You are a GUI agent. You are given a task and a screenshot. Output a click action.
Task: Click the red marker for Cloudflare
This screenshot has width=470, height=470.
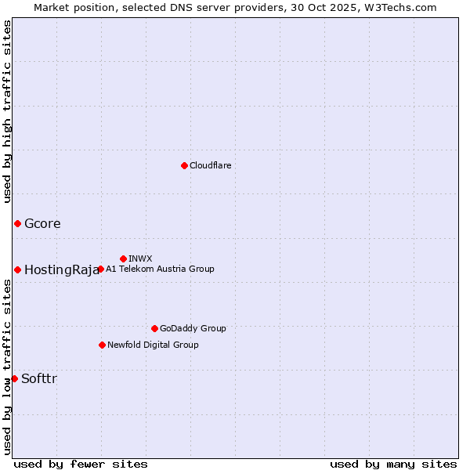click(x=184, y=165)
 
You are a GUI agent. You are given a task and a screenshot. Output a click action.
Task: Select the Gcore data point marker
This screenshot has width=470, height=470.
click(x=17, y=223)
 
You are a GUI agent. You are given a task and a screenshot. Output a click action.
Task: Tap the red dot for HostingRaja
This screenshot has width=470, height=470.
click(x=17, y=269)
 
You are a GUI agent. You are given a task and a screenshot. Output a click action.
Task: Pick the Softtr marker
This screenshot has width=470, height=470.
click(x=14, y=378)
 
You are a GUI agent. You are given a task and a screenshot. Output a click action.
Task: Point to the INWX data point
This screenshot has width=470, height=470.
click(x=123, y=258)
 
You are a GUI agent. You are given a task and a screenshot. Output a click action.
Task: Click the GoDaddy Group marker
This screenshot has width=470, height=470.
click(x=154, y=328)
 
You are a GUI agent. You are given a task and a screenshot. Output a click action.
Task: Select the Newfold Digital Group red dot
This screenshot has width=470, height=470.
click(x=102, y=345)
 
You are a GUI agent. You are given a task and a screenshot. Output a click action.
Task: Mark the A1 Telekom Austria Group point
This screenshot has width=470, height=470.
click(x=100, y=269)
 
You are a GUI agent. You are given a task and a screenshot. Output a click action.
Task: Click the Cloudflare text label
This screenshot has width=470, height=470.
click(x=210, y=165)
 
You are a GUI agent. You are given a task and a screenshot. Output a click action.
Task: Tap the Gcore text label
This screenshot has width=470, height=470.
click(x=42, y=223)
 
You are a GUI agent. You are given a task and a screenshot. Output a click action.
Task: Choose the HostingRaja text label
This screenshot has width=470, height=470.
click(x=61, y=269)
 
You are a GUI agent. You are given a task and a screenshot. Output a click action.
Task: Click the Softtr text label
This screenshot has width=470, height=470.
click(x=39, y=378)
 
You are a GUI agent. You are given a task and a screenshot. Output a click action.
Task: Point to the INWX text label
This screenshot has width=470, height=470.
click(x=140, y=258)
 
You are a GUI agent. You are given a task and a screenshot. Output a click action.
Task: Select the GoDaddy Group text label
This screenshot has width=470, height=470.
click(x=193, y=328)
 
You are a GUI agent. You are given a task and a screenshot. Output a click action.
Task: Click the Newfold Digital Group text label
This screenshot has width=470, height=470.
click(x=153, y=345)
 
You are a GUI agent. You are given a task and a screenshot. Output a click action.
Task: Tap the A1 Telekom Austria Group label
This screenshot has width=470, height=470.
click(x=160, y=269)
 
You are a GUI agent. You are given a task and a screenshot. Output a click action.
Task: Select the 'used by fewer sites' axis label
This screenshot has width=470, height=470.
click(x=81, y=464)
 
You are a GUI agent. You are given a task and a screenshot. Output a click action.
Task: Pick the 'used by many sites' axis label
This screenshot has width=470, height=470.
click(x=393, y=464)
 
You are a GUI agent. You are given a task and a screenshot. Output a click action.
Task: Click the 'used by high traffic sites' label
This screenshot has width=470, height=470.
click(x=7, y=111)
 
